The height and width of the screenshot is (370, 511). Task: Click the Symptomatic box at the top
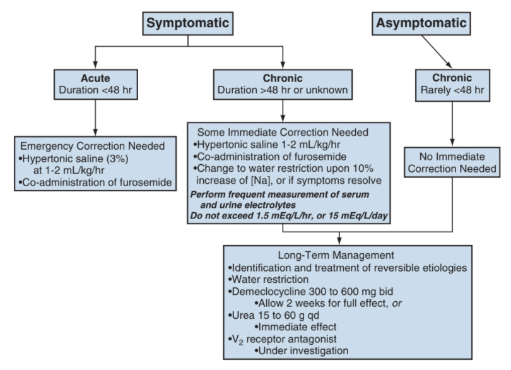click(x=188, y=23)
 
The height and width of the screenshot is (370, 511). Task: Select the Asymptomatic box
click(x=421, y=23)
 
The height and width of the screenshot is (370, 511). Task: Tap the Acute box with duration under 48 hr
click(x=95, y=84)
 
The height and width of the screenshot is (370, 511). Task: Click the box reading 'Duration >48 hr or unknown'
click(x=283, y=84)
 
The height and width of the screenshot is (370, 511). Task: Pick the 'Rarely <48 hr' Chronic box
click(x=452, y=85)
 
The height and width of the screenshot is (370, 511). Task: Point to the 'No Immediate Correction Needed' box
click(x=452, y=162)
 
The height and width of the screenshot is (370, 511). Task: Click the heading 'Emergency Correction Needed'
click(x=93, y=146)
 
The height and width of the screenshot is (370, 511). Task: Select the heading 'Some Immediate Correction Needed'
click(x=283, y=132)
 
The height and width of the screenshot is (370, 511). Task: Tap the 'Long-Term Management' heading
click(x=336, y=255)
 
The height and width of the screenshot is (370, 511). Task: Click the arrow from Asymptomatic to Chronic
click(x=437, y=52)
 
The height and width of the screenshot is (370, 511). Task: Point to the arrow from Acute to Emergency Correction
click(x=95, y=117)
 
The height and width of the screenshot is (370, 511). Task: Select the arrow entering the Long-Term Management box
click(x=339, y=239)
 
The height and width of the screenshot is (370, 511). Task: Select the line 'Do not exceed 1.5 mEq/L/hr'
click(x=289, y=216)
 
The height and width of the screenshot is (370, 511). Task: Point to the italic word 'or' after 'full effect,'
click(x=397, y=304)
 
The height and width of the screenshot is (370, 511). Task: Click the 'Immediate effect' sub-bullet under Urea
click(x=296, y=327)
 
